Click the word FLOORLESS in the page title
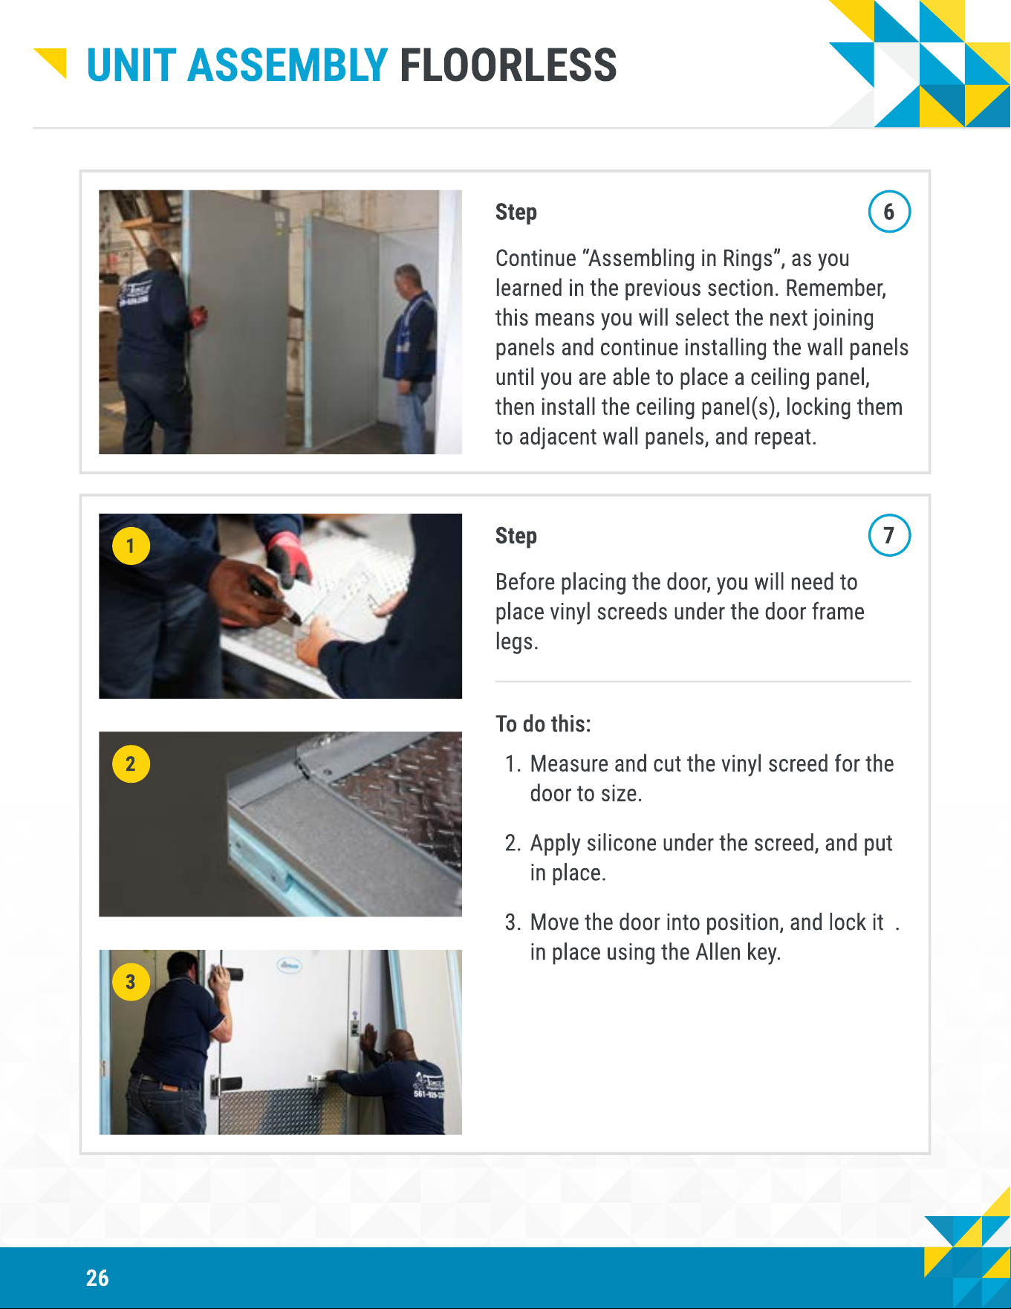coord(508,65)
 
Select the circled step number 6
coord(889,212)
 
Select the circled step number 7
coord(889,535)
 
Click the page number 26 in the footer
coord(97,1278)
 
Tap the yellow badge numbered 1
coord(131,546)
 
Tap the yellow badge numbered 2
coord(131,764)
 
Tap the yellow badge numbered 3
coord(131,982)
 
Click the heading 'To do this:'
coord(543,724)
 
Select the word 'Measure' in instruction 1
coord(568,764)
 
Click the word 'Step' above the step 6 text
coord(516,213)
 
